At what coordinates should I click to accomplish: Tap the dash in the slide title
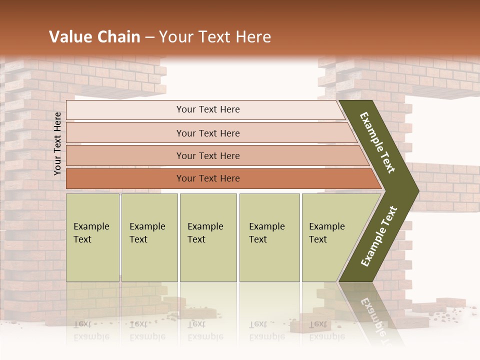(x=149, y=37)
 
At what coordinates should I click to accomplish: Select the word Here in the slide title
(x=253, y=37)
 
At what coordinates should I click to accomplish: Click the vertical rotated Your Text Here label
(x=57, y=143)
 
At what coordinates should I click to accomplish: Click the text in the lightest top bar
(x=208, y=109)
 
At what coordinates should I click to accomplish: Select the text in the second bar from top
(x=208, y=133)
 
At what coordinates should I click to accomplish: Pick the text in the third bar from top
(x=208, y=156)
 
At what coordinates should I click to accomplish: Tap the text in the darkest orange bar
(x=208, y=178)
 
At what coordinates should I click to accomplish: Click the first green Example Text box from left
(x=92, y=237)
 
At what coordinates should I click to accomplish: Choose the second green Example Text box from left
(x=149, y=237)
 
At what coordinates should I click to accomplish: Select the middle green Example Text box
(x=208, y=237)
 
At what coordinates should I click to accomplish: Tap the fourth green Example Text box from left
(x=269, y=237)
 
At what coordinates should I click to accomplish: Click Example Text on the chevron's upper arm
(x=377, y=142)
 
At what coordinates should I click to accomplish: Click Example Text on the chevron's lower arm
(x=379, y=236)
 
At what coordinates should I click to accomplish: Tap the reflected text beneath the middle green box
(x=205, y=330)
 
